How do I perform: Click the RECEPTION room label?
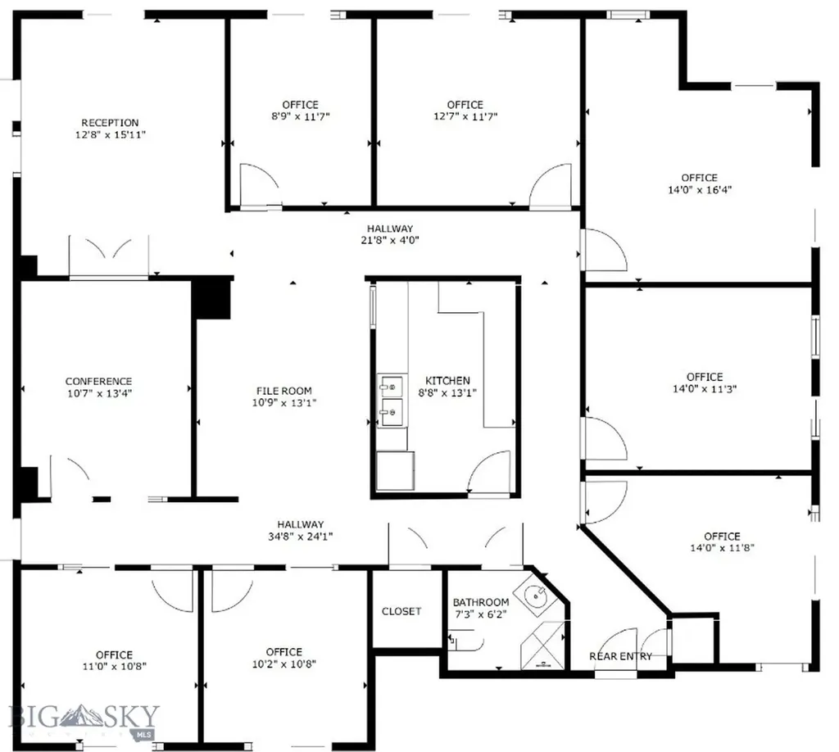[x=110, y=123]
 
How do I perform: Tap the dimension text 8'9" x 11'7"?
[x=300, y=116]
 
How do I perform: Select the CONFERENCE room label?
[x=98, y=382]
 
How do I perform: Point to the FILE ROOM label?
[x=283, y=391]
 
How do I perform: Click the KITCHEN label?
[x=447, y=381]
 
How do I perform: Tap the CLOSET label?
[x=401, y=611]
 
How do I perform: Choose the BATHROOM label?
[x=481, y=603]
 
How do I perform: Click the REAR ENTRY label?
[x=621, y=656]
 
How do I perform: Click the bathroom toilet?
[x=465, y=640]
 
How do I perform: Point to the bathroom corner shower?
[x=542, y=645]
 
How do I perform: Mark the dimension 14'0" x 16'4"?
[x=700, y=190]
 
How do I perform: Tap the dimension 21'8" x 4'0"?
[x=390, y=241]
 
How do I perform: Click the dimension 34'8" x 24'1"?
[x=300, y=537]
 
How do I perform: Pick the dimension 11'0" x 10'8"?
[x=115, y=667]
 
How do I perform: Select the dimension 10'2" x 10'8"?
[x=284, y=664]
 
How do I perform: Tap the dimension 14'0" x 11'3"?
[x=705, y=389]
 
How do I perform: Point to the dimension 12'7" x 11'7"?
[x=465, y=116]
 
